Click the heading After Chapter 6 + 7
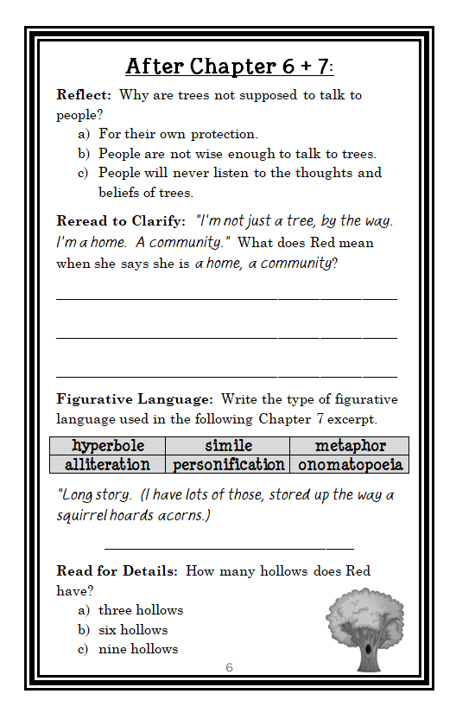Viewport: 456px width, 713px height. tap(229, 66)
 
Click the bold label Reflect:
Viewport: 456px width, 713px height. tap(84, 95)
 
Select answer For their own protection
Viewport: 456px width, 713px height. tap(178, 134)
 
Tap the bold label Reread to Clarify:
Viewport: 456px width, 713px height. tap(121, 221)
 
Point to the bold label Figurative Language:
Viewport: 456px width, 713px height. tap(135, 399)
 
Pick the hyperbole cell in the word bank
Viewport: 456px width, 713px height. tap(107, 446)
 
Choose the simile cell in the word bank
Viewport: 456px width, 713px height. tap(228, 446)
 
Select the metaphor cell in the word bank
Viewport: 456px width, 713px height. tap(350, 446)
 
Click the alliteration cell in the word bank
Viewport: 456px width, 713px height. tap(107, 465)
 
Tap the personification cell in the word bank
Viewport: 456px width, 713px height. tap(228, 465)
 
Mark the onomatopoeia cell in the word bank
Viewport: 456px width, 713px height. tap(350, 465)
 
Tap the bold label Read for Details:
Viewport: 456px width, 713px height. tap(117, 571)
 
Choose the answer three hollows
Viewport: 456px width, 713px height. tap(141, 610)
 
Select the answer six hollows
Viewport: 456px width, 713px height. tap(133, 630)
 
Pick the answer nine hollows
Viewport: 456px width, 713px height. tap(138, 649)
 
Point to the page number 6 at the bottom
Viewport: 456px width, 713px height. tap(229, 668)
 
